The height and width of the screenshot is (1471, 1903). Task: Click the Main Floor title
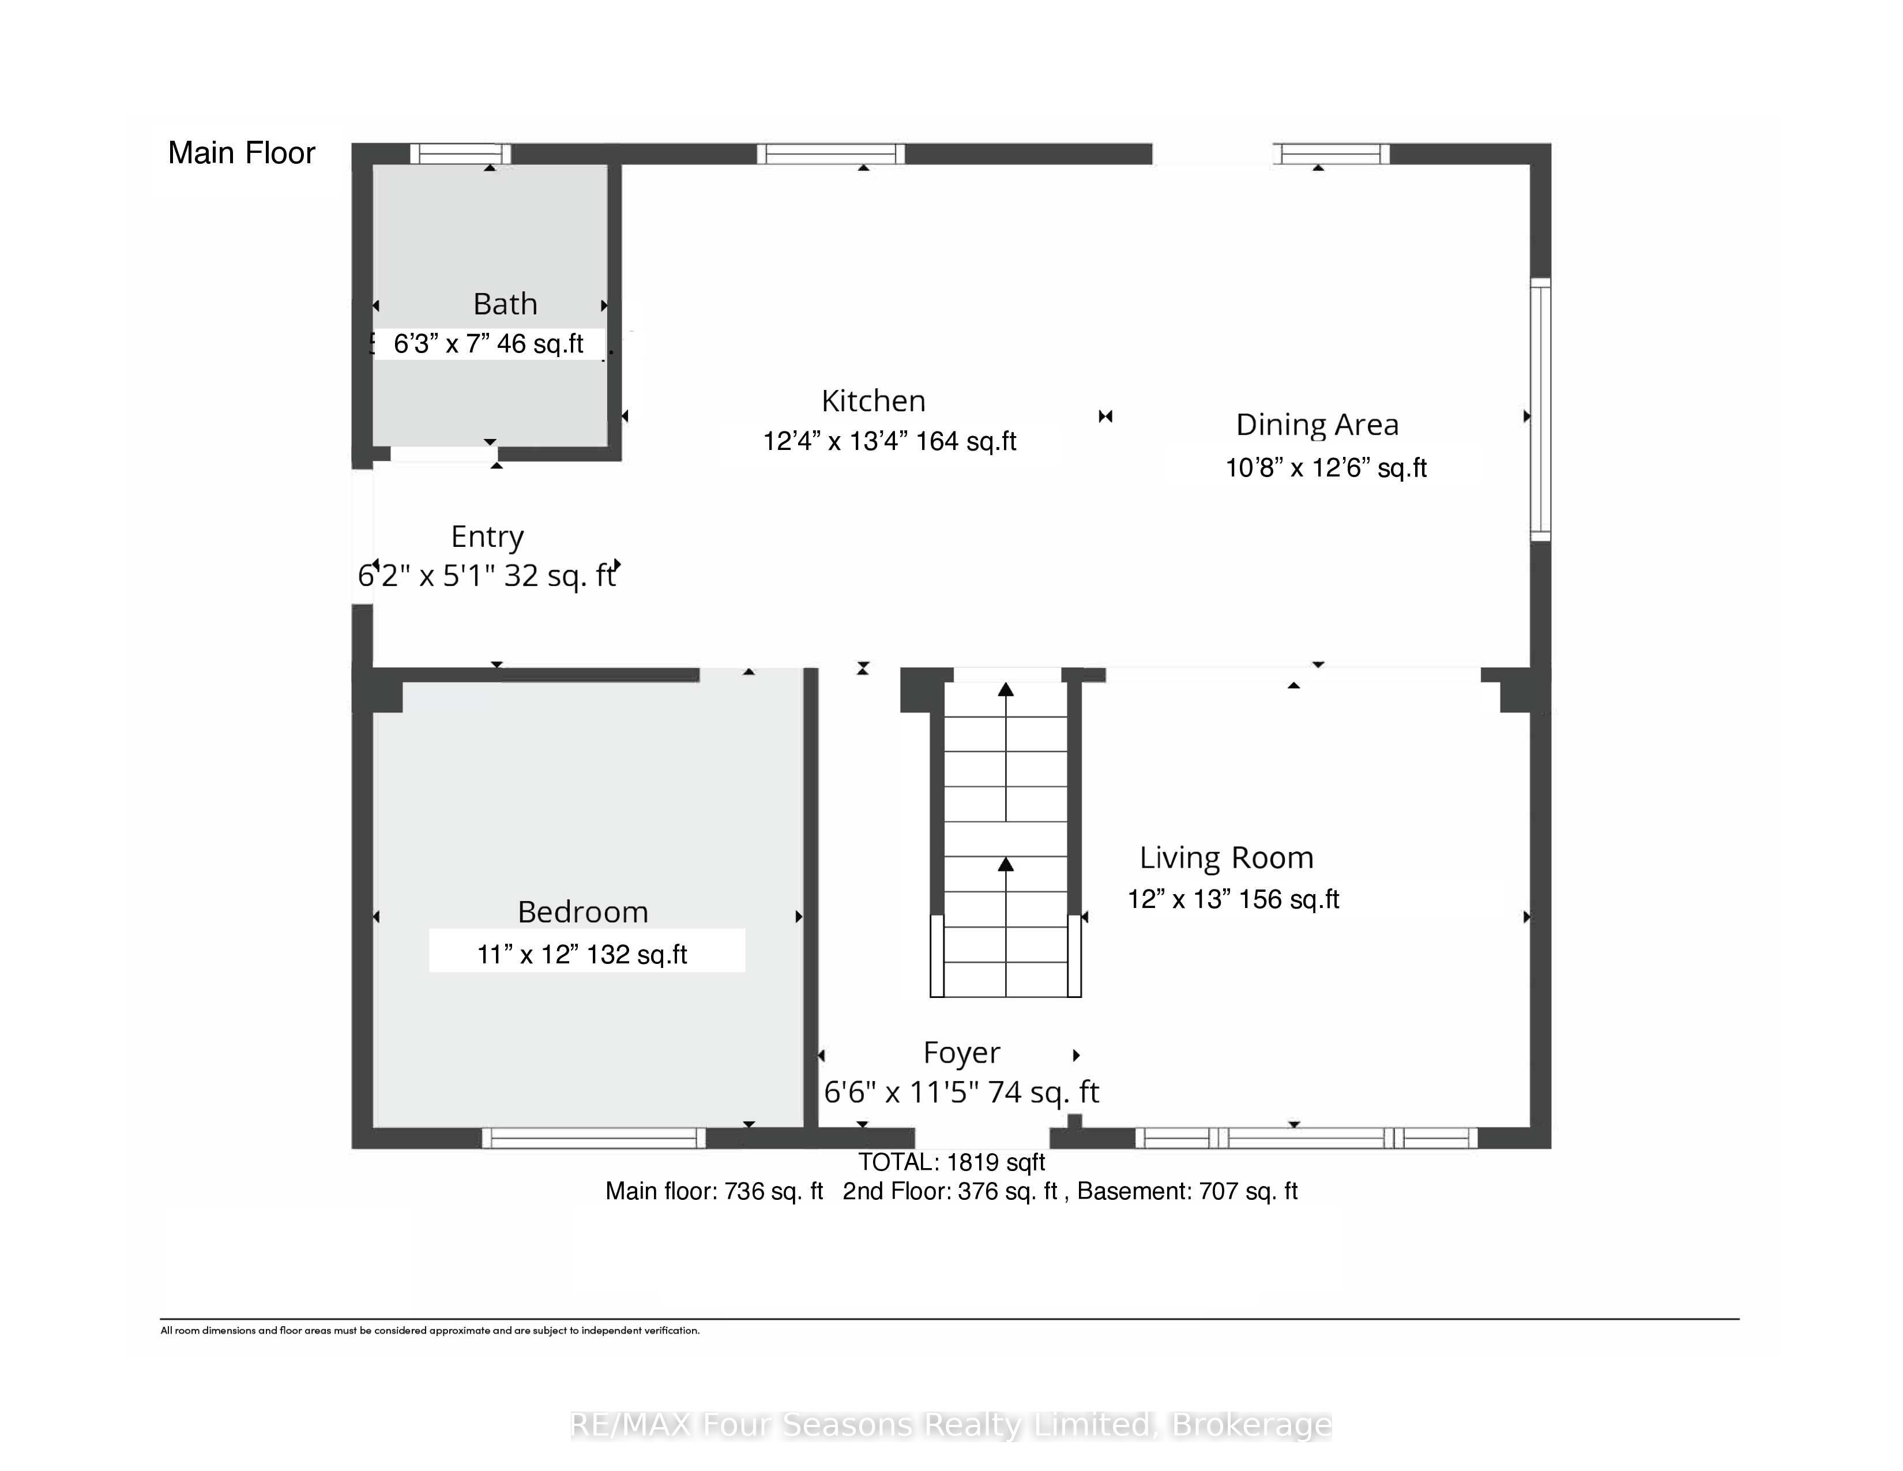tap(242, 153)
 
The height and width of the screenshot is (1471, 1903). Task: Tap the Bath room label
tap(505, 304)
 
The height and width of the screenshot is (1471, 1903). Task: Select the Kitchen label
tap(873, 401)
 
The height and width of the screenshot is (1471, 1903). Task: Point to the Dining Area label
tap(1318, 425)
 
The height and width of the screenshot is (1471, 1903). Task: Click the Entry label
tap(487, 538)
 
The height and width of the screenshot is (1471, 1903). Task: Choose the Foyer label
tap(962, 1053)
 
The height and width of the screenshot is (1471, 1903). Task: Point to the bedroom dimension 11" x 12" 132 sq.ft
tap(582, 954)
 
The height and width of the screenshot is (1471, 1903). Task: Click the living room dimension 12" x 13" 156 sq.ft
tap(1233, 898)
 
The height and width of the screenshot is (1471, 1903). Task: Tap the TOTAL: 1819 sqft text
tap(951, 1162)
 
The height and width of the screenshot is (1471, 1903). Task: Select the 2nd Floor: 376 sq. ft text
tap(950, 1191)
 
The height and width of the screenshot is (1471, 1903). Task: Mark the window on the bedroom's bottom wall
tap(593, 1138)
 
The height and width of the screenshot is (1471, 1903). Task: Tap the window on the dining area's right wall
tap(1540, 409)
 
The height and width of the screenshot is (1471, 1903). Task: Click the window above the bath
tap(460, 154)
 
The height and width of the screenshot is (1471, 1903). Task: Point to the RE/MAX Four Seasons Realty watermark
tap(950, 1425)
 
